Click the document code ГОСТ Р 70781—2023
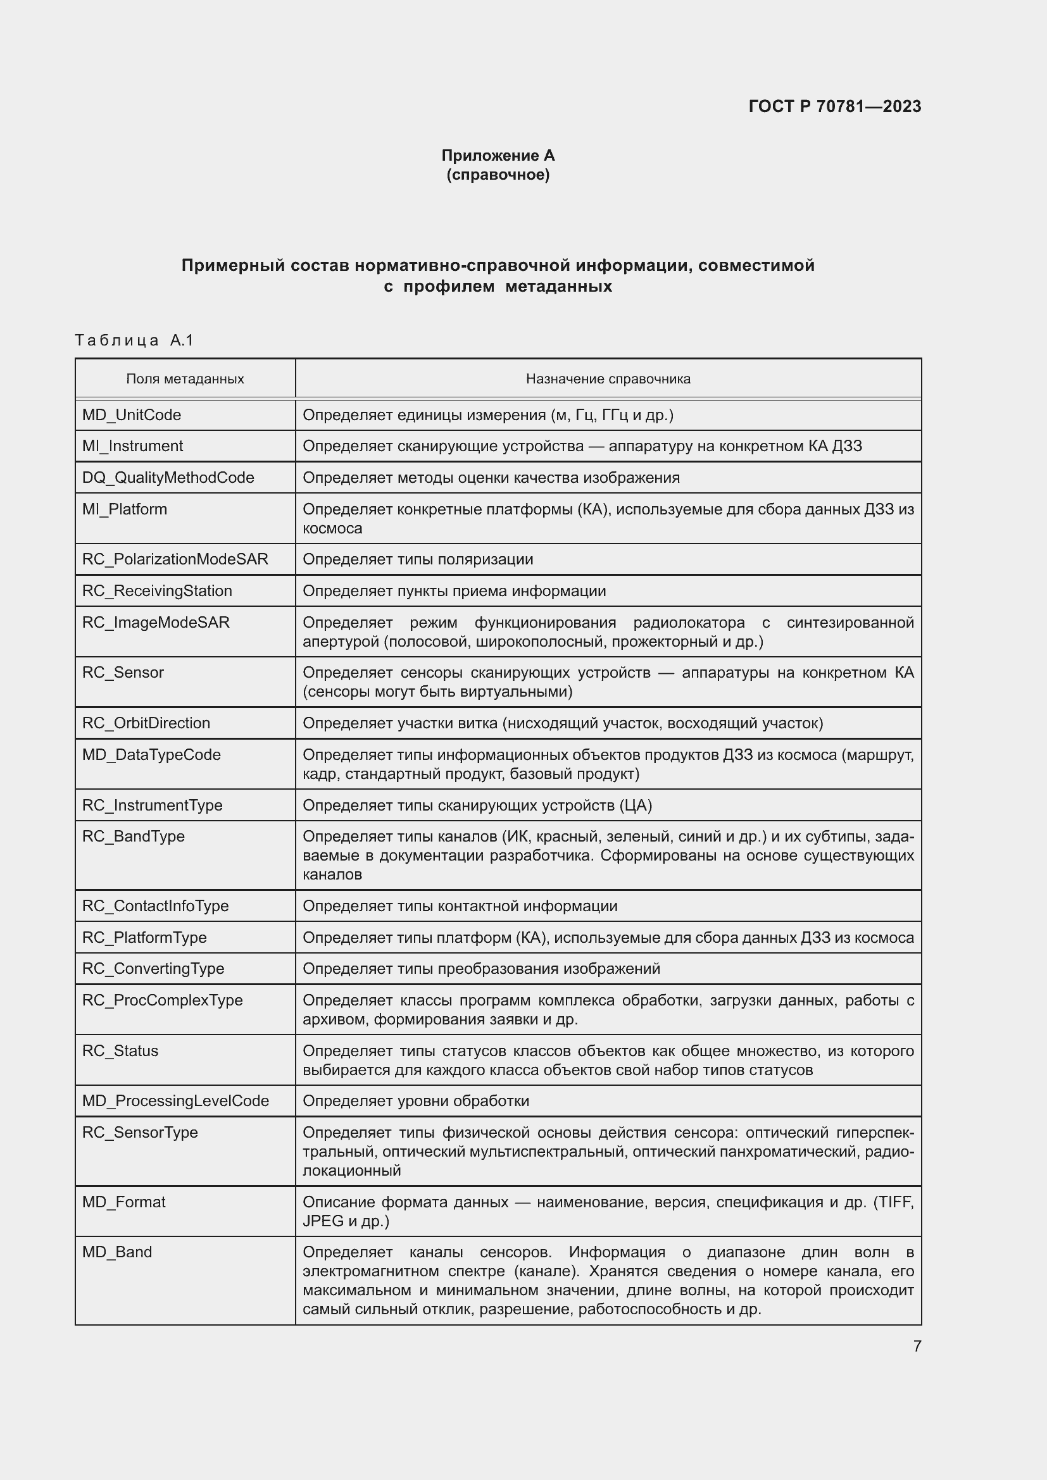[x=834, y=106]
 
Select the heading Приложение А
[x=498, y=156]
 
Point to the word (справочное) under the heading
[x=498, y=175]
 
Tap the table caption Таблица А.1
[x=134, y=340]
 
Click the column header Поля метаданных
[x=185, y=379]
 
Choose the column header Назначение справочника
[x=607, y=379]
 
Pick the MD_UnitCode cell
[x=132, y=415]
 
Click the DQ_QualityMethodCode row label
[x=168, y=478]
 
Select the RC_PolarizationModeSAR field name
[x=175, y=559]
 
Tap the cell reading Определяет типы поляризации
[x=418, y=559]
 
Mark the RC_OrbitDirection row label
[x=146, y=723]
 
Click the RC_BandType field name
[x=133, y=836]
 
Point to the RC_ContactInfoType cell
[x=154, y=905]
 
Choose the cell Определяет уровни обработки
[x=415, y=1100]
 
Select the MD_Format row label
[x=123, y=1202]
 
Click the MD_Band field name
[x=116, y=1252]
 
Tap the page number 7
[x=917, y=1346]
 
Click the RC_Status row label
[x=120, y=1051]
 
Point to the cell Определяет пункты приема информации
[x=454, y=590]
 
